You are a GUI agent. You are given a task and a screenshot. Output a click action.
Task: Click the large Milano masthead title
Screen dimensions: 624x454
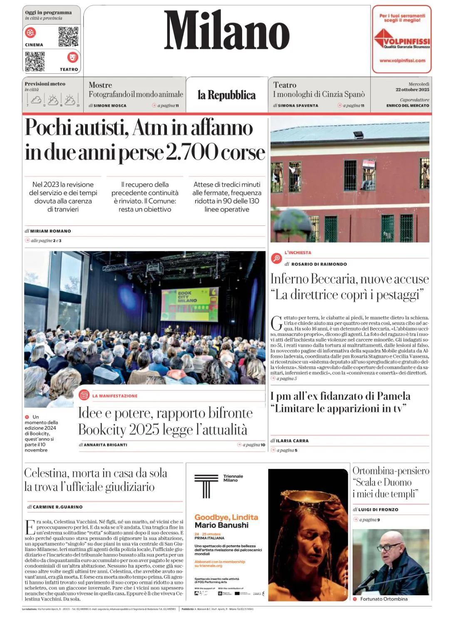point(227,31)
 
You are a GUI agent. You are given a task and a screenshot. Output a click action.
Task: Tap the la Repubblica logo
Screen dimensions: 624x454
point(226,95)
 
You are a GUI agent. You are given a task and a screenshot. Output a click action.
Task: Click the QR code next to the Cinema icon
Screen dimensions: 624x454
point(68,37)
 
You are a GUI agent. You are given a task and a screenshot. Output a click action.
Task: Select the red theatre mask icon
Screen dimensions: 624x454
point(72,57)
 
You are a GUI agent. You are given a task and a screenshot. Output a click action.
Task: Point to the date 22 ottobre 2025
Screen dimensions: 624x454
point(412,90)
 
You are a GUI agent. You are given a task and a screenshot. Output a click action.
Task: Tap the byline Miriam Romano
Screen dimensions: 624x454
point(50,231)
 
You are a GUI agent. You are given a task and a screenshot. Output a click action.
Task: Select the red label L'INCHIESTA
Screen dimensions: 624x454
point(298,253)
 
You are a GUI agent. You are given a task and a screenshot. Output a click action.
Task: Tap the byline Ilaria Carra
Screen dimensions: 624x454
point(292,441)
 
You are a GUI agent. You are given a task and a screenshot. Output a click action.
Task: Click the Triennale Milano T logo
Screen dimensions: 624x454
point(206,485)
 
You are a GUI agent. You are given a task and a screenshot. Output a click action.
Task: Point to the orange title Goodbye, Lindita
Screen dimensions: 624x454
point(226,517)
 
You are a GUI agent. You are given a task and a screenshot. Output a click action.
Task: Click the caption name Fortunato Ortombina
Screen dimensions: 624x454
point(384,599)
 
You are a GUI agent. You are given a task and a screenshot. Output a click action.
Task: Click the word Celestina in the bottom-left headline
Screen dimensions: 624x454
point(46,473)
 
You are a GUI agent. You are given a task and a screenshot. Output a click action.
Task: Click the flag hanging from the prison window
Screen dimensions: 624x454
point(369,164)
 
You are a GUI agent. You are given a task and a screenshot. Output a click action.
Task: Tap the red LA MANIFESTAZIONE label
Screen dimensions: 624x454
point(114,396)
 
